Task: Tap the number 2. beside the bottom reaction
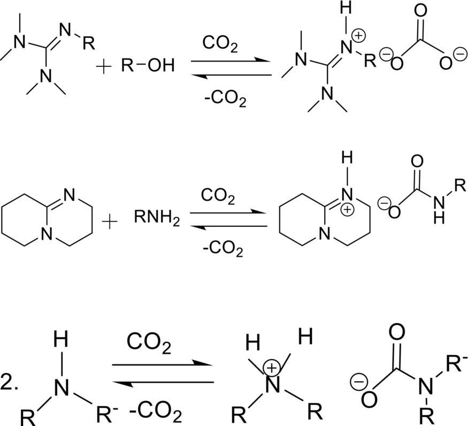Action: point(9,385)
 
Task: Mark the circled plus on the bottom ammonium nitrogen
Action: point(272,367)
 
